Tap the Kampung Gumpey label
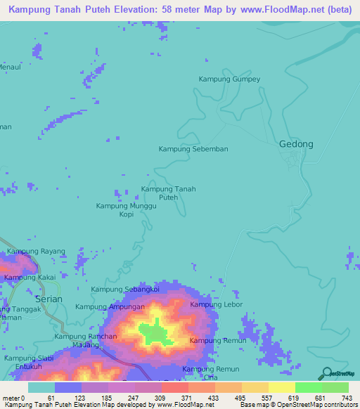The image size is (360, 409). (x=229, y=79)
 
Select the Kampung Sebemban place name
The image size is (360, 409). (x=193, y=149)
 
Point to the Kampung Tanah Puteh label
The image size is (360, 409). (x=168, y=193)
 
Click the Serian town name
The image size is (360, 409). (x=49, y=299)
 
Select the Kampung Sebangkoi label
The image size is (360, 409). (x=125, y=290)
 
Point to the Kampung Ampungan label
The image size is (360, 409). (x=110, y=306)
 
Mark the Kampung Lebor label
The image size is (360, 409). (x=217, y=304)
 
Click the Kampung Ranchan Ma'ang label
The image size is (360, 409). (x=85, y=341)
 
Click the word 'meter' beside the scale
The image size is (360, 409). (x=11, y=398)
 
